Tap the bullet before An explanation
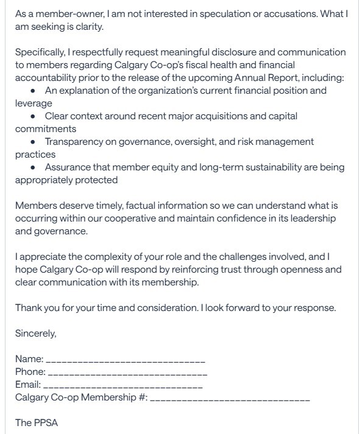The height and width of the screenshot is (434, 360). [x=33, y=91]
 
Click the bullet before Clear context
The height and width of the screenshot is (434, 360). [x=33, y=116]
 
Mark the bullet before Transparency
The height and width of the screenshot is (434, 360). [x=33, y=142]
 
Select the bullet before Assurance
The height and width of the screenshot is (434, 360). [x=33, y=167]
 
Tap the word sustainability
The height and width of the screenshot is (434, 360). [x=261, y=167]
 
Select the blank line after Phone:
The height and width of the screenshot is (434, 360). [x=127, y=373]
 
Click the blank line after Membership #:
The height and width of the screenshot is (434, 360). [x=230, y=399]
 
